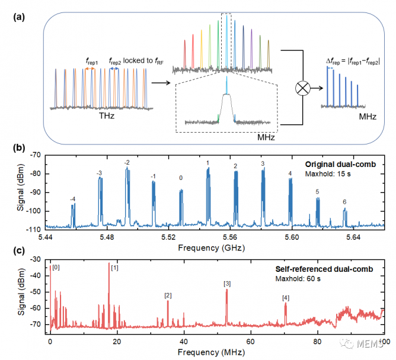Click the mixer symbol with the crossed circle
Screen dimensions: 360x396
point(303,89)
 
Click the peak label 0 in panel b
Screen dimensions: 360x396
point(181,178)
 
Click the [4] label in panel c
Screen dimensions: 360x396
point(286,298)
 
